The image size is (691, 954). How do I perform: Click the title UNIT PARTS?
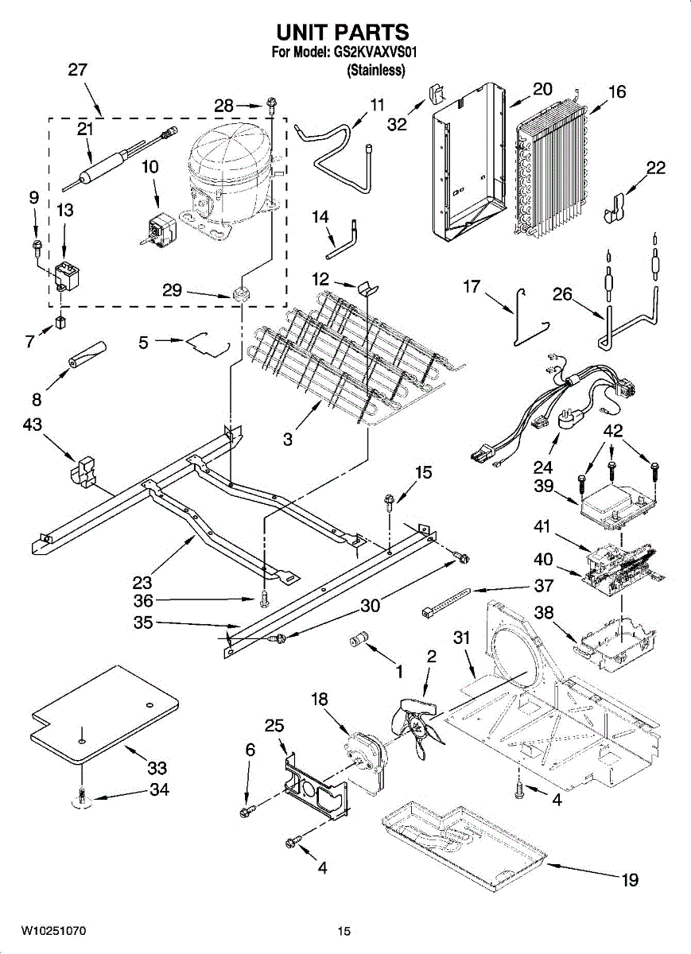(x=342, y=32)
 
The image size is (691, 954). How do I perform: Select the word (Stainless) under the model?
(x=376, y=70)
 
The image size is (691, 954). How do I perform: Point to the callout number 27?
(x=77, y=69)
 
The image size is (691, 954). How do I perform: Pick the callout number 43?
(x=33, y=425)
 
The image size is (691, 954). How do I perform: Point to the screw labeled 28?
(x=272, y=103)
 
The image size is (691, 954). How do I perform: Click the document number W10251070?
(x=53, y=930)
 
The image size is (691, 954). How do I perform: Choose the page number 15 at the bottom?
(x=344, y=931)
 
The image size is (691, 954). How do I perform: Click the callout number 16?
(x=616, y=91)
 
